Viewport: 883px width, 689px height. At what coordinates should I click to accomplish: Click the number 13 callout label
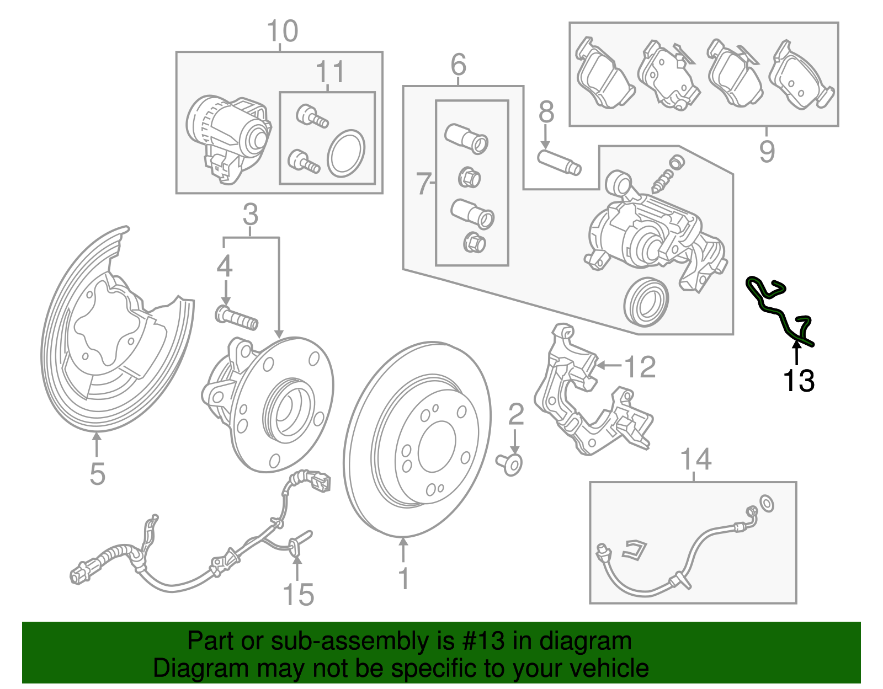click(x=798, y=381)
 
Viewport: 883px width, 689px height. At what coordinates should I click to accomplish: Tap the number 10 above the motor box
click(x=282, y=31)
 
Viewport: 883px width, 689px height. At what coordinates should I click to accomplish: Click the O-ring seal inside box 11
click(x=346, y=154)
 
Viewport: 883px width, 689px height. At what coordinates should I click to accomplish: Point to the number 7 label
click(x=423, y=184)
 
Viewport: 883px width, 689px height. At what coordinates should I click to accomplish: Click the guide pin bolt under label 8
click(x=559, y=162)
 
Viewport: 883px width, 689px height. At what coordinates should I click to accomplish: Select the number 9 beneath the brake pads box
click(x=767, y=151)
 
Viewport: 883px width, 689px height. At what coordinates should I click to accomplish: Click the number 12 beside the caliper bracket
click(x=639, y=367)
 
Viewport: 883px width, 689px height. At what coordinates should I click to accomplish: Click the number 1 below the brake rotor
click(x=404, y=578)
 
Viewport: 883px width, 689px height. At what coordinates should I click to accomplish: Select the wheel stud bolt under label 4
click(x=236, y=318)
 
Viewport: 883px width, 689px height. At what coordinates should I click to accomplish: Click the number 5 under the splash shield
click(x=97, y=474)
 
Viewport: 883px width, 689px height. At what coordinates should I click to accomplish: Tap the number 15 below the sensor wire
click(x=298, y=595)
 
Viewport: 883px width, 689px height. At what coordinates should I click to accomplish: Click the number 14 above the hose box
click(x=695, y=460)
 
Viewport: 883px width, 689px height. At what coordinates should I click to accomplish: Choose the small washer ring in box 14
click(x=767, y=503)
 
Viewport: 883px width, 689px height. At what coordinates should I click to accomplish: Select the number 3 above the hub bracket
click(x=250, y=214)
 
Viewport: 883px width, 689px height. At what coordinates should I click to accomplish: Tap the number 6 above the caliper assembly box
click(x=458, y=65)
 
